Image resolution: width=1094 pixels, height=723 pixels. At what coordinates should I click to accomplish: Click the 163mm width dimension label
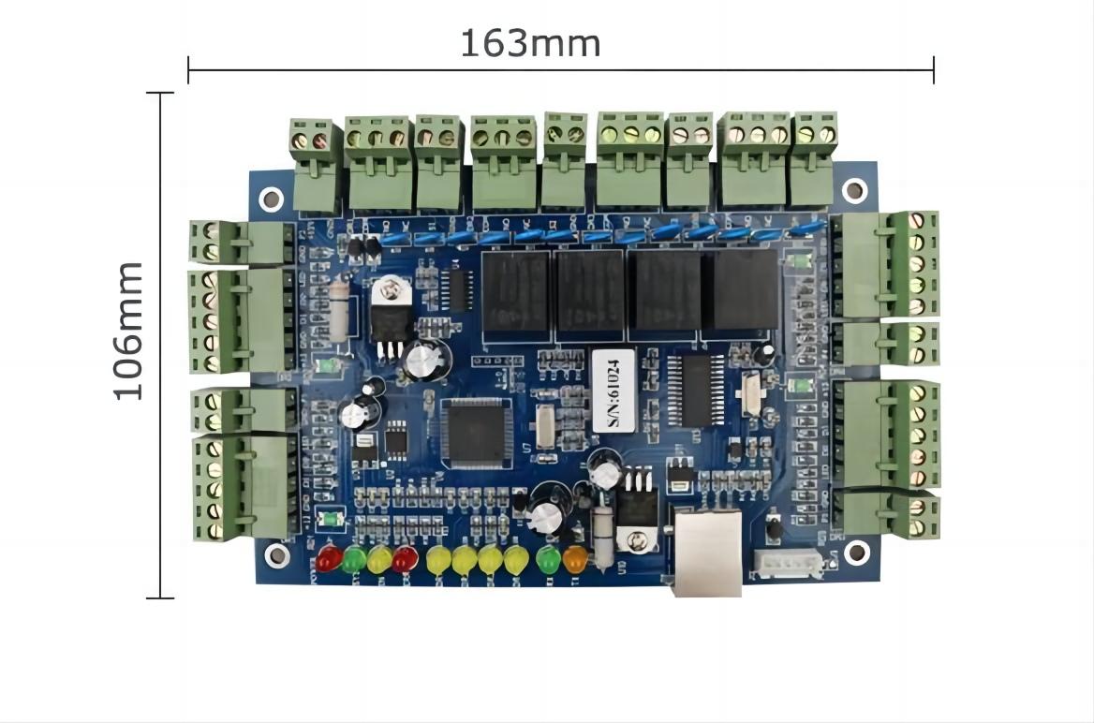(529, 43)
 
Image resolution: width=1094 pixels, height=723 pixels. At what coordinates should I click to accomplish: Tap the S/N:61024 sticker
(606, 391)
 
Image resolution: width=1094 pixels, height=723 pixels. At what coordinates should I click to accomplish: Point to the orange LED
(574, 559)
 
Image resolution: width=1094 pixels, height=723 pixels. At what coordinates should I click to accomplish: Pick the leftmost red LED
(328, 559)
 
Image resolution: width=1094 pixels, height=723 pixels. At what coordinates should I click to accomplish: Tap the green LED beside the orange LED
(548, 559)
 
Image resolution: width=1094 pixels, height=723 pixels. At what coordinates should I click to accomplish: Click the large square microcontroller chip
(477, 432)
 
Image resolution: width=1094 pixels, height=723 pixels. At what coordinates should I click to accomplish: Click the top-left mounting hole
(271, 199)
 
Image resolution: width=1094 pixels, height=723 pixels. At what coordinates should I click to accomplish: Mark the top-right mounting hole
(854, 190)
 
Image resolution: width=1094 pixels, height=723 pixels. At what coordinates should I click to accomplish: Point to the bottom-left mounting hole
(277, 555)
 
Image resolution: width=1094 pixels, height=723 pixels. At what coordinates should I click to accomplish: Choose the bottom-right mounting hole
(856, 553)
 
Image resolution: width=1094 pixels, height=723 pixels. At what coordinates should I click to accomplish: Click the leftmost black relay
(514, 293)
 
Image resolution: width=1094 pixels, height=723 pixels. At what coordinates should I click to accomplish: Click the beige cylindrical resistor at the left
(339, 312)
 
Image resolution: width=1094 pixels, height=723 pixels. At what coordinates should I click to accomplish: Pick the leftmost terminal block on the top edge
(315, 165)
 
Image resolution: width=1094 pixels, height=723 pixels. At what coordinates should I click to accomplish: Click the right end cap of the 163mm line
(933, 69)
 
